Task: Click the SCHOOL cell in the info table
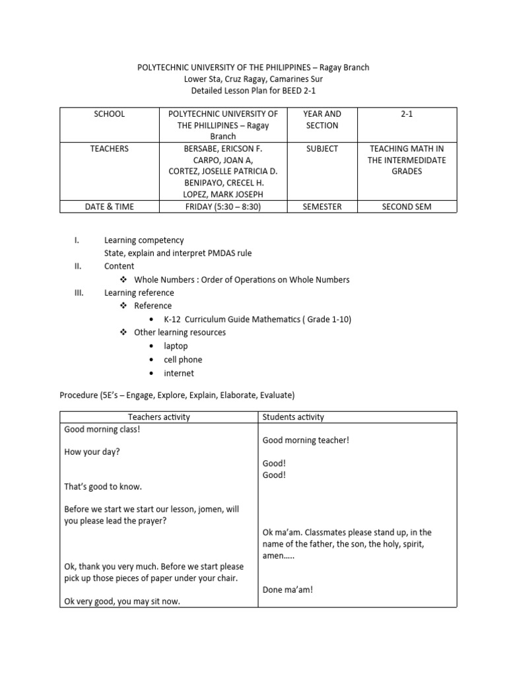tap(109, 114)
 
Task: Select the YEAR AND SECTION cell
tap(322, 119)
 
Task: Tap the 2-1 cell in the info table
tap(406, 114)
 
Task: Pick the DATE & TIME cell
tap(109, 207)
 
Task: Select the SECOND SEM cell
tap(406, 207)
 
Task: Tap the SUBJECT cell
tap(322, 149)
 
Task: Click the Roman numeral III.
tap(78, 292)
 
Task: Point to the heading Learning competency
tap(144, 240)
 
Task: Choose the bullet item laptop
tap(176, 346)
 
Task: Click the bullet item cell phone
tap(183, 360)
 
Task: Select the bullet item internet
tap(179, 373)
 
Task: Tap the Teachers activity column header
tap(158, 417)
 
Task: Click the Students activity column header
tap(293, 417)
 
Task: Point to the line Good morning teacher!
tap(306, 440)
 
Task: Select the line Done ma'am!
tap(287, 590)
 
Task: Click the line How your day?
tap(92, 452)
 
